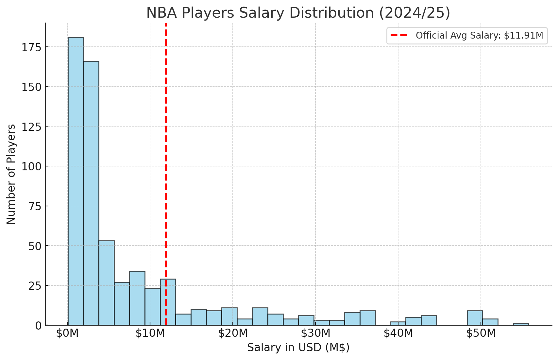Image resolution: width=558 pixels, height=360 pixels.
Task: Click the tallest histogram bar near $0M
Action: pyautogui.click(x=76, y=181)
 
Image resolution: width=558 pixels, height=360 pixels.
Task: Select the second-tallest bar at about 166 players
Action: pyautogui.click(x=91, y=193)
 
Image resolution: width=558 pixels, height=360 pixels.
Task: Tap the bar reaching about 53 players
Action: pyautogui.click(x=107, y=283)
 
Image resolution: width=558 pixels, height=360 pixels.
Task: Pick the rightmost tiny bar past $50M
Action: pyautogui.click(x=521, y=324)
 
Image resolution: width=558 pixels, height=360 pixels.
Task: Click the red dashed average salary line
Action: pyautogui.click(x=166, y=174)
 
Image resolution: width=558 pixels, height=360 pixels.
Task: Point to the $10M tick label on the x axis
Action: pyautogui.click(x=150, y=333)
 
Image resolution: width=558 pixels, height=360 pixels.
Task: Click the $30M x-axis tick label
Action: pyautogui.click(x=316, y=333)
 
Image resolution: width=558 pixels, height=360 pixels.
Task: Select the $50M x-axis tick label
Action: pyautogui.click(x=481, y=333)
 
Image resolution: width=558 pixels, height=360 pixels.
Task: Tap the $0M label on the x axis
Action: pyautogui.click(x=67, y=333)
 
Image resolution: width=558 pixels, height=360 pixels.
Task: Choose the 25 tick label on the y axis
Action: pyautogui.click(x=35, y=286)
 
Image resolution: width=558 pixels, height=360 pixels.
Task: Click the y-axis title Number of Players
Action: pyautogui.click(x=11, y=174)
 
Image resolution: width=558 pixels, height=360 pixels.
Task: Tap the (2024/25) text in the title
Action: pyautogui.click(x=415, y=13)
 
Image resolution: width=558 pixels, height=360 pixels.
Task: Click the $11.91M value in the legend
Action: pyautogui.click(x=524, y=36)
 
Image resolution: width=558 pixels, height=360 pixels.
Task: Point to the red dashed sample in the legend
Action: pyautogui.click(x=399, y=35)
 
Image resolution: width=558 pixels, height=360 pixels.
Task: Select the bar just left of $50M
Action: pyautogui.click(x=475, y=318)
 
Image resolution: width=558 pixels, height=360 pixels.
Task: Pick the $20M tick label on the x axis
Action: pyautogui.click(x=233, y=333)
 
